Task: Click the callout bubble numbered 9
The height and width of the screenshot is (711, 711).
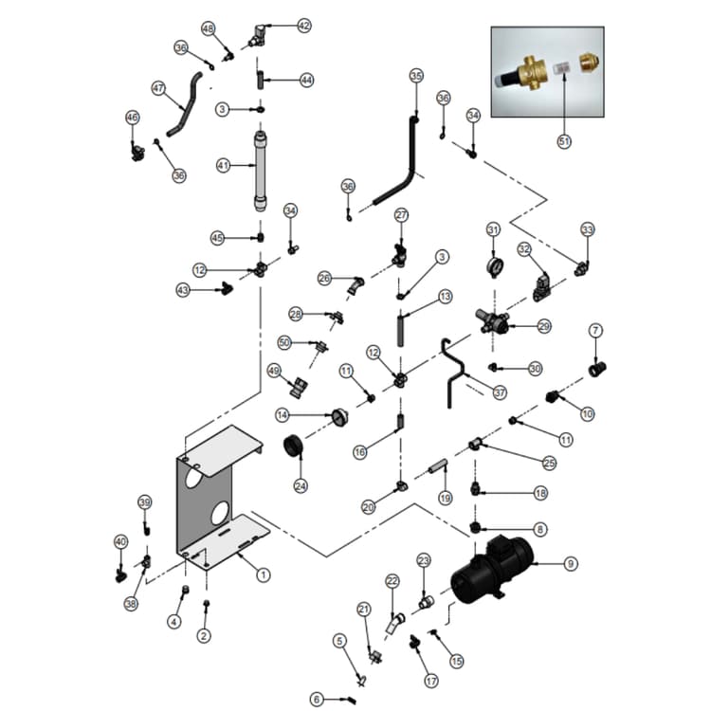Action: coord(571,564)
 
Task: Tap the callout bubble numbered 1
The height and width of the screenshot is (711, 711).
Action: coord(264,574)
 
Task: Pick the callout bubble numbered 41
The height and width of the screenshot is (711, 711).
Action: coord(224,165)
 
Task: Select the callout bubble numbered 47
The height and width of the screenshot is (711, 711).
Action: coord(158,87)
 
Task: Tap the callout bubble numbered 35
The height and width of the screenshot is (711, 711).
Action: coord(416,76)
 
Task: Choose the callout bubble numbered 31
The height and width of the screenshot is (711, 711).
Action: coord(493,229)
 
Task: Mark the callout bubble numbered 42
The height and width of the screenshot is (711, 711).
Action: coord(303,26)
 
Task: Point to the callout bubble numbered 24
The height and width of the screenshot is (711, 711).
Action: coord(301,486)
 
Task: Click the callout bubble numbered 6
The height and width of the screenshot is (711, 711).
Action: coord(319,700)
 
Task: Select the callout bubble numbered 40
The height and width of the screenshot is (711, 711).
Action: coord(120,541)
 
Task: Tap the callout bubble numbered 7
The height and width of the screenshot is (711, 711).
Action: coord(595,330)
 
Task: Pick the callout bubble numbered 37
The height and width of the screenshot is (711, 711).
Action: coord(500,392)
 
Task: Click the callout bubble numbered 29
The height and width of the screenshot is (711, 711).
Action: coord(544,326)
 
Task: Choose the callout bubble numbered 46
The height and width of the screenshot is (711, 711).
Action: coord(133,117)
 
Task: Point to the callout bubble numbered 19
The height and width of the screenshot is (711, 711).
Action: coord(445,498)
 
